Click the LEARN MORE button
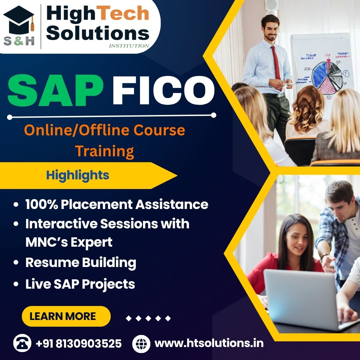66,316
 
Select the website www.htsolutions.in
209,343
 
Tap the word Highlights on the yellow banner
78,175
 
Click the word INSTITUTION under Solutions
129,46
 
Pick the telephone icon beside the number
22,343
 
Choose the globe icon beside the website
141,343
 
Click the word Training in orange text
104,151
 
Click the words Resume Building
81,263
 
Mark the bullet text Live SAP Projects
80,284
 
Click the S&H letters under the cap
19,41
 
